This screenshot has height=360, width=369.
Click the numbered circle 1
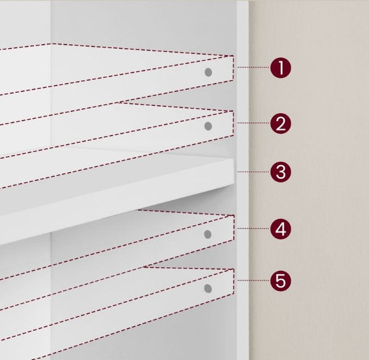tap(281, 67)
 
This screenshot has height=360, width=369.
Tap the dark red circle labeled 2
tap(281, 123)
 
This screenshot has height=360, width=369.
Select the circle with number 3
tap(281, 172)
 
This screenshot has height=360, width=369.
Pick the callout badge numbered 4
tap(281, 229)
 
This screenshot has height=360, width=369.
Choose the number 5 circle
tap(281, 281)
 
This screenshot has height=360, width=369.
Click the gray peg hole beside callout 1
tap(208, 72)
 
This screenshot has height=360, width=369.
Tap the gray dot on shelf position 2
tap(208, 126)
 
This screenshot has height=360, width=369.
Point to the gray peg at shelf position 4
tap(208, 234)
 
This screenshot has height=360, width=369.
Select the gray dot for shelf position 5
tap(208, 288)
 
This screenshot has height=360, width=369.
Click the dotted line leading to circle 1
tap(253, 67)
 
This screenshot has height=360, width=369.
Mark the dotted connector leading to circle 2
tap(253, 123)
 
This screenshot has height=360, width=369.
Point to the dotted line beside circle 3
tap(253, 172)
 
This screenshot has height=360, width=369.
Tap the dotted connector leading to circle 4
tap(253, 228)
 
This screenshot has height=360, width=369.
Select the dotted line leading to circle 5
tap(253, 280)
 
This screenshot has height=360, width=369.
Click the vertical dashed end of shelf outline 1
tap(234, 68)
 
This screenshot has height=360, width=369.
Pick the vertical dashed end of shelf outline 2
tap(234, 123)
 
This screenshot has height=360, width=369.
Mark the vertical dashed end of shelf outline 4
tap(234, 228)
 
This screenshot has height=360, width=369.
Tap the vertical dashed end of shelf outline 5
tap(234, 281)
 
